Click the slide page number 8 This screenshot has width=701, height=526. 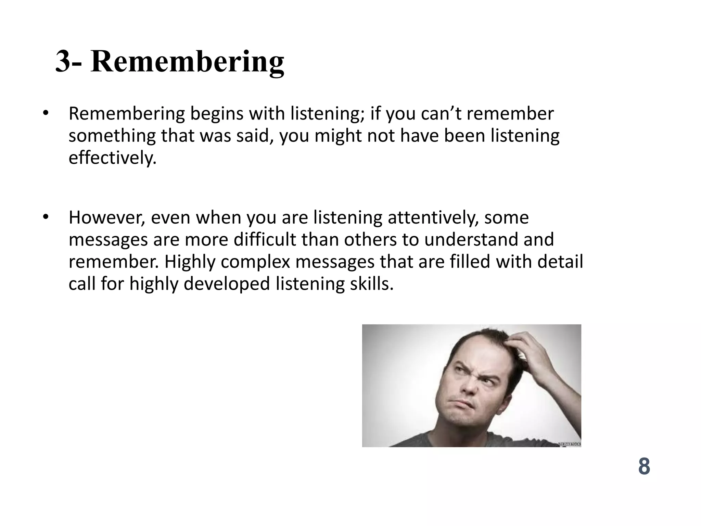coord(644,466)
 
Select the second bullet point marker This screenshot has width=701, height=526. coord(46,217)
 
